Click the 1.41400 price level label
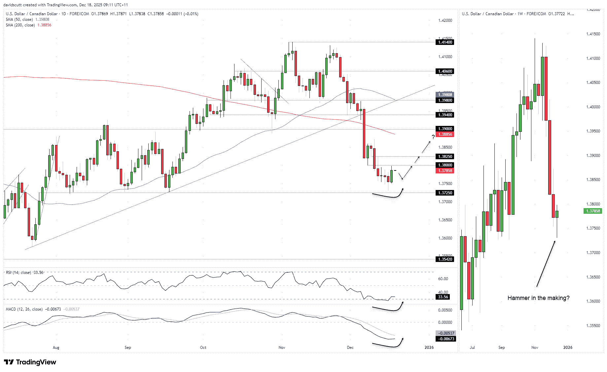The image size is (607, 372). coord(445,42)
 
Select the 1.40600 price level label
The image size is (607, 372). coord(445,71)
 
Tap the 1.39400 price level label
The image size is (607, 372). coord(445,115)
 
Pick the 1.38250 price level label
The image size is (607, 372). coord(445,157)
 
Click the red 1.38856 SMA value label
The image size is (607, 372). coord(445,134)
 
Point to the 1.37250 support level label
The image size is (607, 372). coord(445,193)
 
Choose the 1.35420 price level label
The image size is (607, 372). coord(445,260)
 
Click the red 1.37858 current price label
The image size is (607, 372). coord(445,171)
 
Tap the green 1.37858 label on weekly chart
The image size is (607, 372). coord(593,211)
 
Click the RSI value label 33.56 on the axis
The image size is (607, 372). coord(443,297)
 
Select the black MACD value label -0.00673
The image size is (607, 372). coord(446,339)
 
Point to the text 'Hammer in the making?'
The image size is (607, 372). coord(538,298)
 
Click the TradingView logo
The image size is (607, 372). coord(30,362)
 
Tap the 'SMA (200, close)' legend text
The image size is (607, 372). coord(20,25)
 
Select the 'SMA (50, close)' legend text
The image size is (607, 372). coord(19,19)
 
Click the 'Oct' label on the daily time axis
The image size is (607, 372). coord(203,348)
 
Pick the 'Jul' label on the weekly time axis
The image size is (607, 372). coord(472,348)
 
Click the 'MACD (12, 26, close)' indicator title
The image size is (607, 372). coord(24,309)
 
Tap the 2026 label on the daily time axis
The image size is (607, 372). coord(429,348)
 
